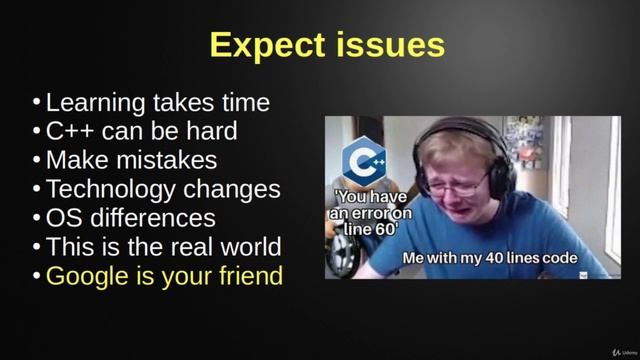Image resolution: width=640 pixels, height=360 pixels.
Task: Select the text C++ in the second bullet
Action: tap(69, 131)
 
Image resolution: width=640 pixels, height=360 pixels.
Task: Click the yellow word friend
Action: tap(247, 275)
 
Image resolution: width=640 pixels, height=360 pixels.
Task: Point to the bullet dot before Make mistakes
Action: tap(37, 160)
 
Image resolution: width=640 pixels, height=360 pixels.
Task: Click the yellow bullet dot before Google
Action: tap(37, 275)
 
